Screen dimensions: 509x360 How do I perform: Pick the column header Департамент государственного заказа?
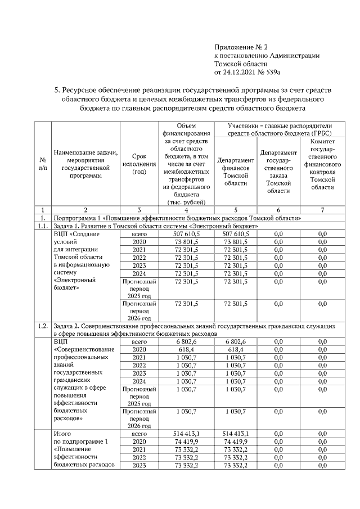tap(278, 171)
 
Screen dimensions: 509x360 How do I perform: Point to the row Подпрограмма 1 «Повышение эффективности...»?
tap(177, 218)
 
